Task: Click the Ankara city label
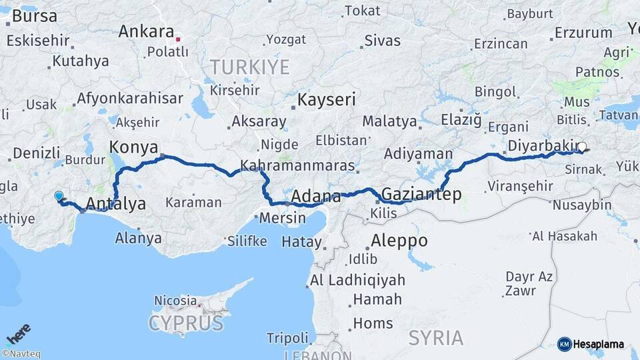[146, 31]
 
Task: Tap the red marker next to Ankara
[179, 39]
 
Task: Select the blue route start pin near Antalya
[59, 196]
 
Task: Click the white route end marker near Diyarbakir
[582, 147]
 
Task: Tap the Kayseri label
[327, 100]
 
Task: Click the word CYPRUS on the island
[185, 323]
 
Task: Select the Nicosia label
[175, 301]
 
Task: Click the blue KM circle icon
[564, 344]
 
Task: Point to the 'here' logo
[19, 333]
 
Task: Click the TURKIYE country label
[250, 67]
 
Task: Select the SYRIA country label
[436, 337]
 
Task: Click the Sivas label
[383, 40]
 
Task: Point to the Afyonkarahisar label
[129, 98]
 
